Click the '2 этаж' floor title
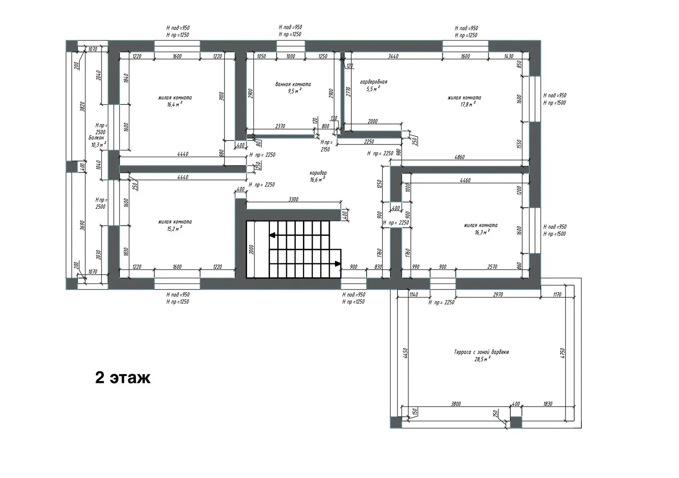click(x=123, y=377)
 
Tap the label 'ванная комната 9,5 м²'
click(x=293, y=87)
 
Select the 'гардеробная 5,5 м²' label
click(x=373, y=85)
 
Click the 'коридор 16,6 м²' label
click(x=318, y=176)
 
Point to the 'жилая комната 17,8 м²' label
click(x=464, y=101)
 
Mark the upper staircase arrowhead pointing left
click(x=272, y=234)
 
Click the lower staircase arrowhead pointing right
click(x=338, y=264)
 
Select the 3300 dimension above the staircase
click(x=293, y=199)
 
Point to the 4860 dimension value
click(x=459, y=157)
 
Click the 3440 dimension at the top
click(x=393, y=56)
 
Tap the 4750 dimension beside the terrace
click(x=562, y=353)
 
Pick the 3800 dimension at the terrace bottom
click(x=456, y=404)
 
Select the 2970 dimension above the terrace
click(x=498, y=294)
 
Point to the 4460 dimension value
click(x=465, y=180)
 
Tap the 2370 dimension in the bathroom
click(x=280, y=126)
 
